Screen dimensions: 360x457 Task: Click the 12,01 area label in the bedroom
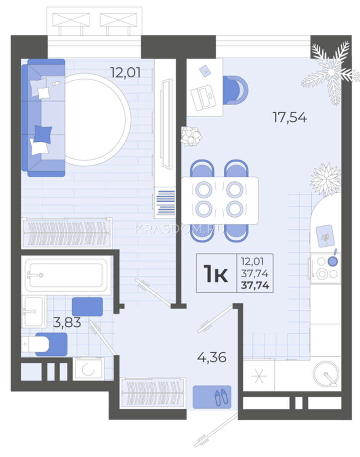[x=126, y=72]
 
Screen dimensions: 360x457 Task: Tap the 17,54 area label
[x=290, y=117]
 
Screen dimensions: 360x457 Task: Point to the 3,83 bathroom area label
[x=67, y=322]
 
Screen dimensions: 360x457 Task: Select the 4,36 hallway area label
[x=212, y=357]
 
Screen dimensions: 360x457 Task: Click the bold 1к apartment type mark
[x=216, y=273]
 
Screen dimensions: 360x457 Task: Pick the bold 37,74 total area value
[x=255, y=285]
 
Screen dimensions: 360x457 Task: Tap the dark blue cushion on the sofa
[x=43, y=134]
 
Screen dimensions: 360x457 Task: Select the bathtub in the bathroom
[x=66, y=275]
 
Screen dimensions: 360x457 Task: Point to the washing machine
[x=88, y=369]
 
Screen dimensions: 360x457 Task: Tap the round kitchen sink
[x=326, y=374]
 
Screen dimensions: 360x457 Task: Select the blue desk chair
[x=235, y=90]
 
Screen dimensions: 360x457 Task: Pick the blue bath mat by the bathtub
[x=87, y=307]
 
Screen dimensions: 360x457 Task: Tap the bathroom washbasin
[x=34, y=311]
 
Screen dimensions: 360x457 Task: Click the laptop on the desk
[x=203, y=98]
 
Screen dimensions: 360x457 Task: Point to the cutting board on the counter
[x=325, y=236]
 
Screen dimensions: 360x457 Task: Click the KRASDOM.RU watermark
[x=179, y=229]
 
